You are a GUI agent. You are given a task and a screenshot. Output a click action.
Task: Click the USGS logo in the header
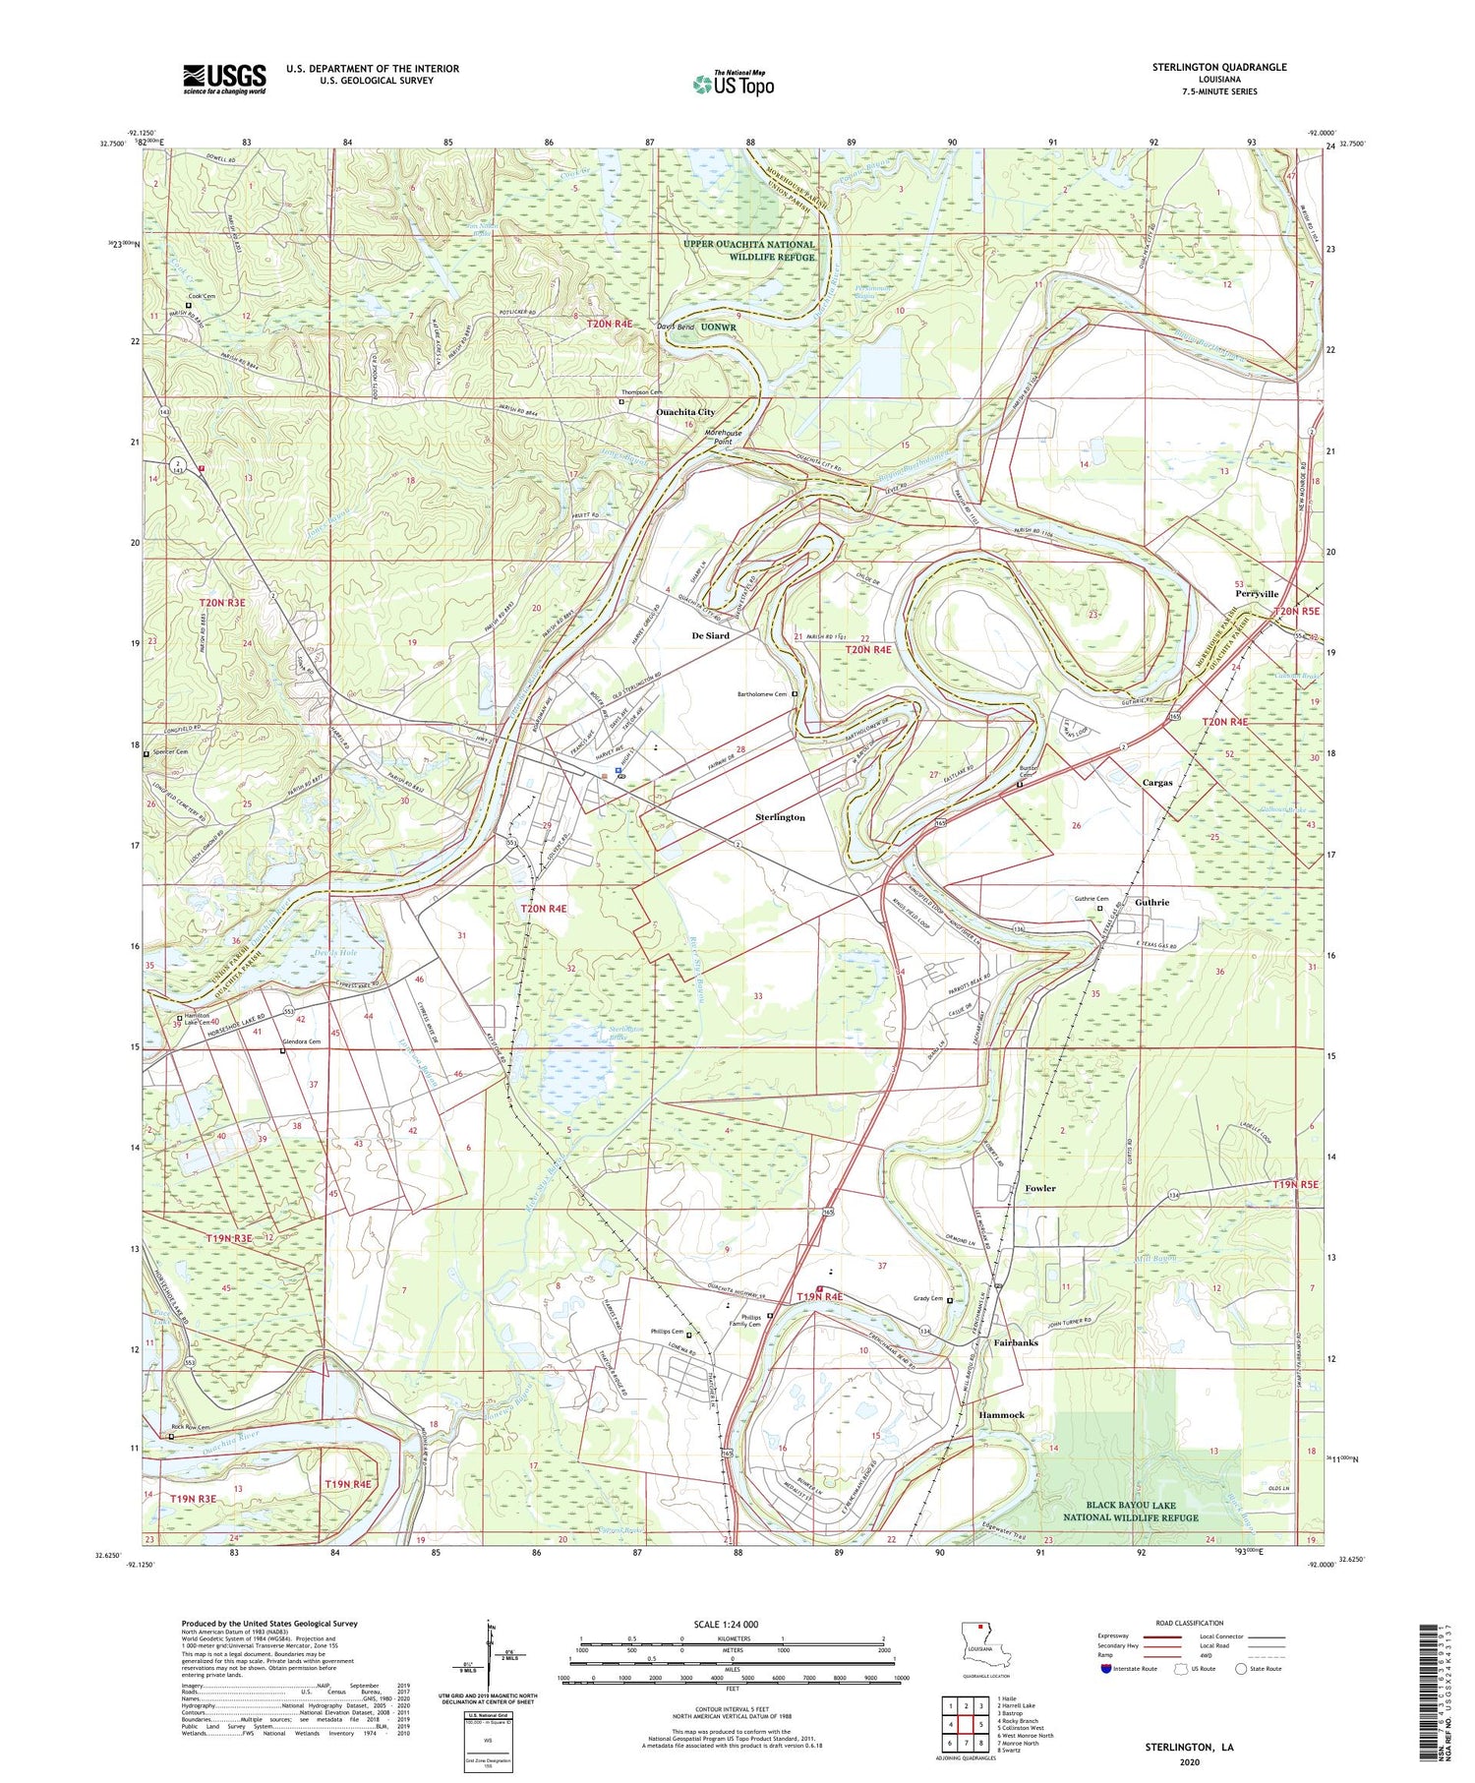(224, 79)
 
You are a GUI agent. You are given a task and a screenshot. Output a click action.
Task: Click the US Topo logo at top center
(733, 84)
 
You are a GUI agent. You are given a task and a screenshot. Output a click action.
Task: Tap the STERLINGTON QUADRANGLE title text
(1218, 67)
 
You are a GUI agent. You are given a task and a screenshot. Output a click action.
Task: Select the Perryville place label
(1257, 594)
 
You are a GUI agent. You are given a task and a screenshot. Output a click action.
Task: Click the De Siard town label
(710, 636)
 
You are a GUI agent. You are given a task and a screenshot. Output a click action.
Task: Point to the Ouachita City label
(685, 412)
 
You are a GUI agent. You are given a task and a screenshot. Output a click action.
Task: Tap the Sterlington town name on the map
(780, 817)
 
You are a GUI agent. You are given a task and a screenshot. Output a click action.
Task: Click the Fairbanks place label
(1016, 1342)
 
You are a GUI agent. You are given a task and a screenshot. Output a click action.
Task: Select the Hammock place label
(1001, 1414)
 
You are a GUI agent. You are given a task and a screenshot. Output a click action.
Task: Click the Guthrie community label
(1152, 902)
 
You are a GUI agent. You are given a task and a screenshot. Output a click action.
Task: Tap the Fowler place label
(1039, 1188)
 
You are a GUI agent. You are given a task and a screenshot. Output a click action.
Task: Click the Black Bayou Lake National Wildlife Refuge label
(1142, 1512)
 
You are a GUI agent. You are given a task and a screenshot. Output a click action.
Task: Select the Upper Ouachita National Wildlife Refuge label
(750, 250)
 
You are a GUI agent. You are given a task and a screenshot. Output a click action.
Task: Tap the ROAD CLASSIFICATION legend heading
(1190, 1623)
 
